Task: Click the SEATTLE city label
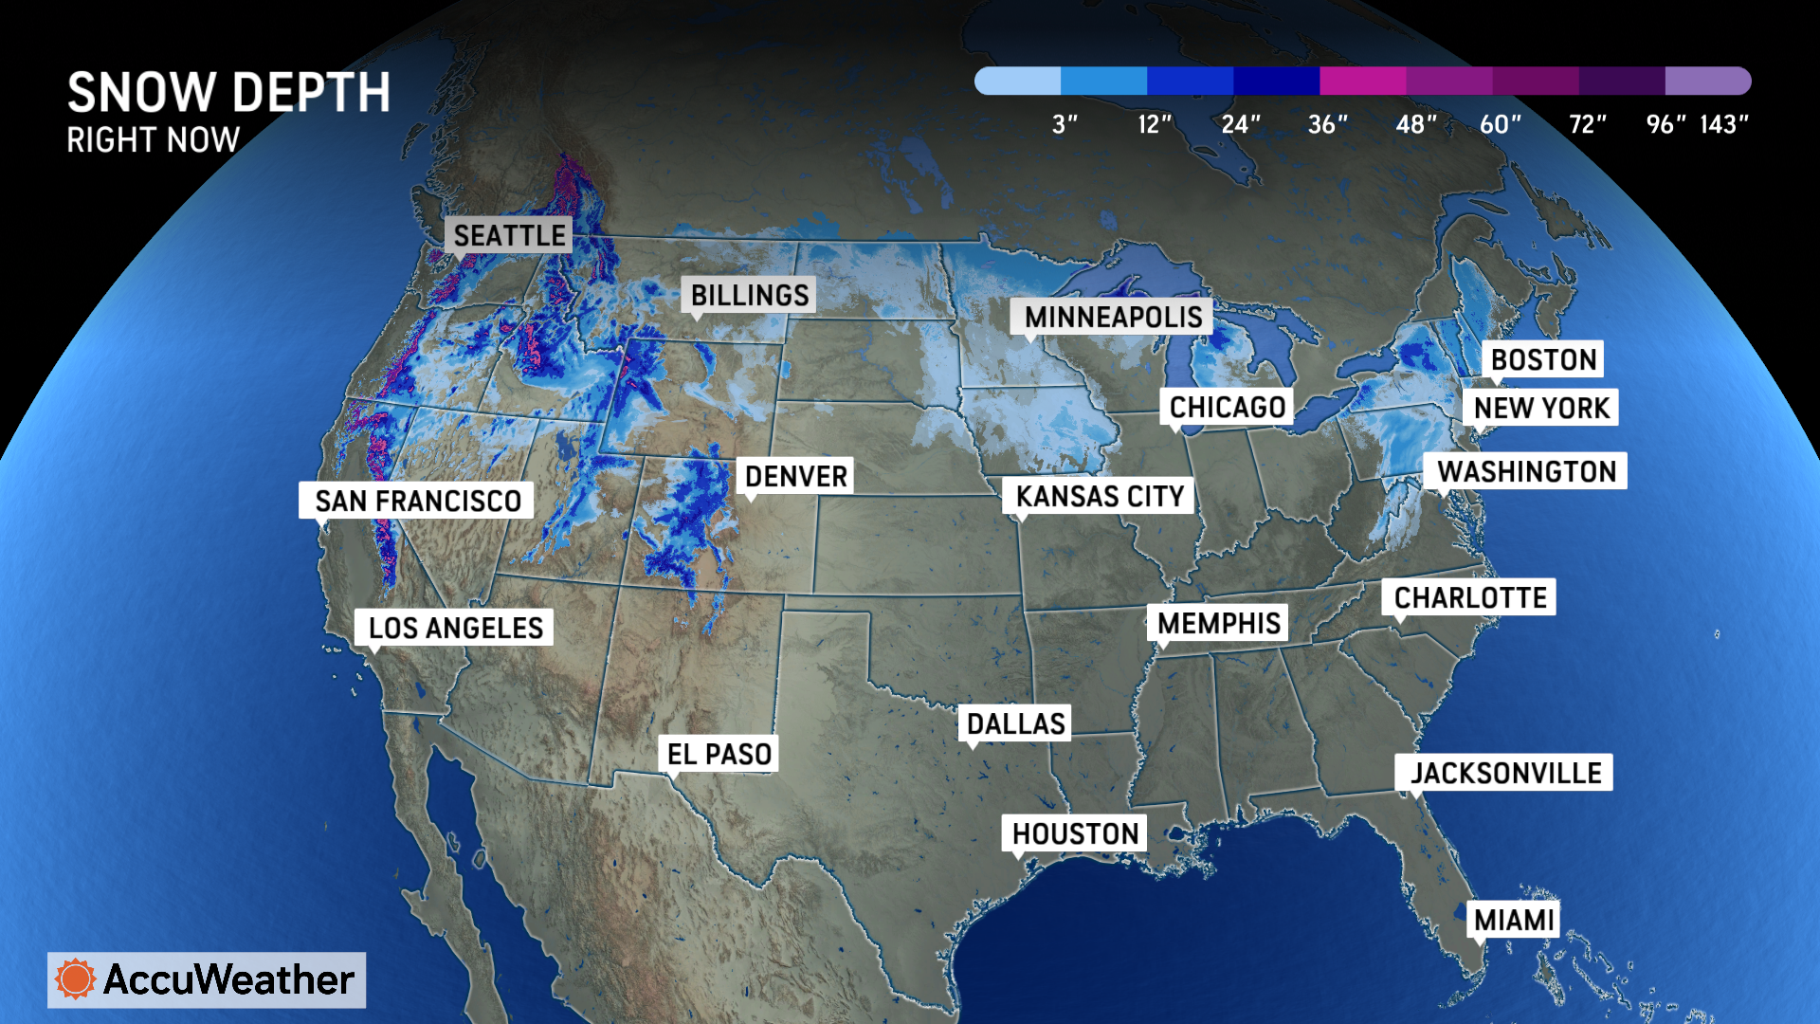(x=509, y=235)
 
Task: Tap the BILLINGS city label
(x=749, y=295)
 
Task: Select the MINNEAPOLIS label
(x=1112, y=317)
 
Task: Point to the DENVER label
(x=795, y=476)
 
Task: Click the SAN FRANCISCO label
(x=417, y=501)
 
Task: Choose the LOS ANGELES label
(x=455, y=628)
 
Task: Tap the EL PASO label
(x=719, y=754)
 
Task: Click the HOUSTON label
(x=1075, y=833)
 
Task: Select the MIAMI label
(x=1514, y=920)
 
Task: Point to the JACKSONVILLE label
(x=1505, y=773)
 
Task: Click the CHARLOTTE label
(x=1469, y=597)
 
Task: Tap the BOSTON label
(x=1543, y=359)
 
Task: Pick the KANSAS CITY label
(x=1100, y=496)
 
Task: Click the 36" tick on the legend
(x=1327, y=124)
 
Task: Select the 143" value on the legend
(x=1723, y=124)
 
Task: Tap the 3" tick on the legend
(x=1065, y=124)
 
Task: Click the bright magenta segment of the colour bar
(x=1362, y=81)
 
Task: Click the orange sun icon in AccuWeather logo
(x=76, y=979)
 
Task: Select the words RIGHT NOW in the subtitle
(x=153, y=140)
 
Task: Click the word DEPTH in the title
(x=310, y=93)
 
